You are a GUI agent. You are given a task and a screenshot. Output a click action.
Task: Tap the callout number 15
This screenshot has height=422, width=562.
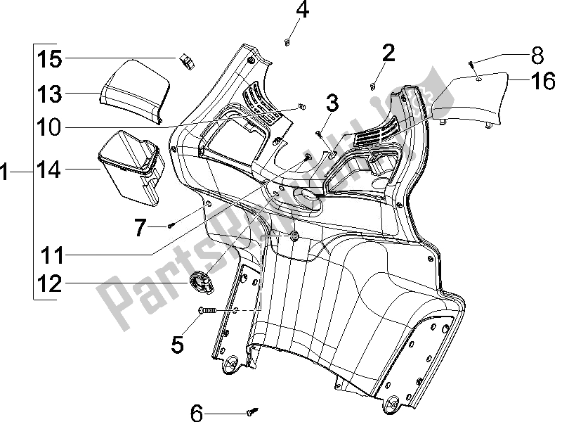coord(49,58)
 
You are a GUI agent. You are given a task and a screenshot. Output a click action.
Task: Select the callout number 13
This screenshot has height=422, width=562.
coord(49,94)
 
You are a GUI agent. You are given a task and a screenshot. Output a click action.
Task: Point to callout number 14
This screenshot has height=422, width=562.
coord(49,170)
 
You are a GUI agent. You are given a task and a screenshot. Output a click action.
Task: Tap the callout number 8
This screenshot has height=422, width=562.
coord(537,53)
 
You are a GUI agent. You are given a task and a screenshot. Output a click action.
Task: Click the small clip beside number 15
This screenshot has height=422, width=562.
coord(188,61)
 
